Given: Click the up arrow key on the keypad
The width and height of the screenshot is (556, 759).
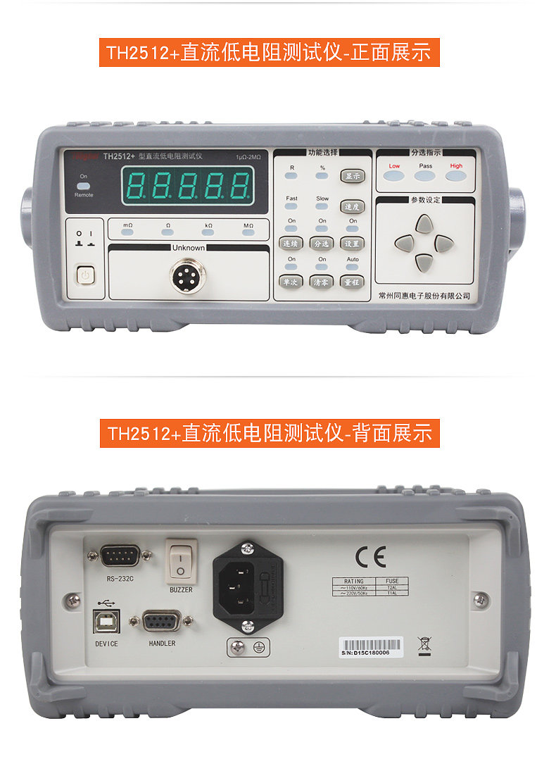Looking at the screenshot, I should pyautogui.click(x=424, y=224).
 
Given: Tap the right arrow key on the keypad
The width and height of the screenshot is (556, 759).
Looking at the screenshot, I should pyautogui.click(x=443, y=244).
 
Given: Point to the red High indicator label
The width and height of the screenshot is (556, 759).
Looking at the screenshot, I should pyautogui.click(x=457, y=166).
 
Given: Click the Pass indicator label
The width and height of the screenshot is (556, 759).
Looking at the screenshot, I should pyautogui.click(x=426, y=166).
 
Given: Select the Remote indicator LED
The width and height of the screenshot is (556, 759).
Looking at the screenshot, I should pyautogui.click(x=83, y=187).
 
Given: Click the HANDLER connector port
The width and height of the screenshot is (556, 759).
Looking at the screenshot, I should pyautogui.click(x=162, y=622).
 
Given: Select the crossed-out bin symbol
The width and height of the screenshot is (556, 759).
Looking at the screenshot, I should pyautogui.click(x=424, y=644).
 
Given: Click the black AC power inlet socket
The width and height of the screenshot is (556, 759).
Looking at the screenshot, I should pyautogui.click(x=239, y=586).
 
